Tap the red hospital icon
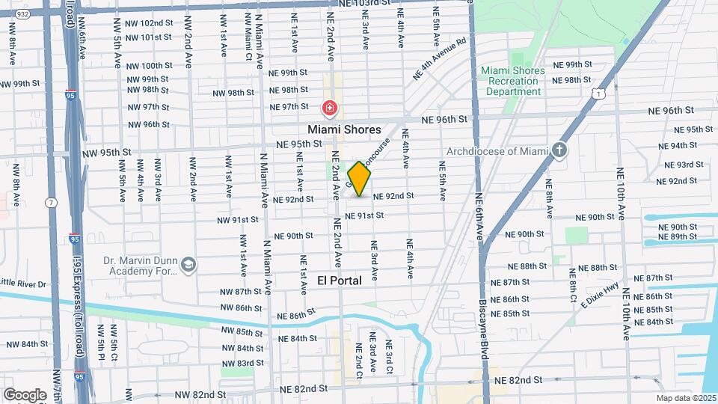tap(328, 109)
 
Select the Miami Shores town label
tap(345, 129)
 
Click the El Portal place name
tap(340, 281)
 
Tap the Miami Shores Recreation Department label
tap(512, 81)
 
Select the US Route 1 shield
tap(597, 93)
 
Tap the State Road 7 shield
tap(51, 203)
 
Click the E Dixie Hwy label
tap(599, 292)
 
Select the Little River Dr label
tap(23, 284)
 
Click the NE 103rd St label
tap(363, 4)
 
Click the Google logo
tap(25, 394)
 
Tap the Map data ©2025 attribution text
tap(685, 399)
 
